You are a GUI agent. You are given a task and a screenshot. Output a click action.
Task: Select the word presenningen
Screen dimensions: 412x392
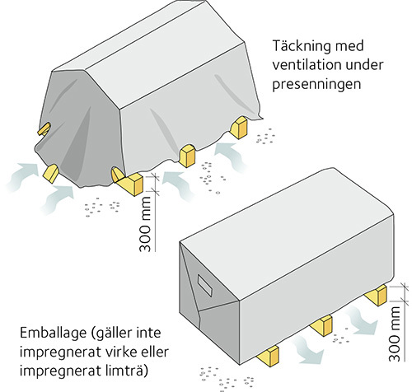[x=316, y=84]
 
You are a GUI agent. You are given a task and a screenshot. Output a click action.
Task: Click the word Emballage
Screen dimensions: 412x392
[x=53, y=334]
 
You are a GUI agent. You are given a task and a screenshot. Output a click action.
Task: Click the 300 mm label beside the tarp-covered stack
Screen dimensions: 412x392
[x=145, y=224]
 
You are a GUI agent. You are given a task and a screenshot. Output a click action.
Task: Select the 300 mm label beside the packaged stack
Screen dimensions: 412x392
[x=395, y=334]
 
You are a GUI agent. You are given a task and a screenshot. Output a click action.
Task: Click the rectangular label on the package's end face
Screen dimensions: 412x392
[x=205, y=286]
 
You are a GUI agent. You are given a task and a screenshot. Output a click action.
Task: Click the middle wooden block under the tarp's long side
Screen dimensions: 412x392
[x=187, y=156]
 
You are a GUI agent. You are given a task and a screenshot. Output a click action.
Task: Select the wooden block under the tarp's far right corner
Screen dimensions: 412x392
[x=238, y=127]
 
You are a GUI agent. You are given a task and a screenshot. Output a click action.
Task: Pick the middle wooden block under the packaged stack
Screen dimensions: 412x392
[x=321, y=325]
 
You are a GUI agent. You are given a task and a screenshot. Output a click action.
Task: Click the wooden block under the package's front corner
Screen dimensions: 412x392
[x=269, y=356]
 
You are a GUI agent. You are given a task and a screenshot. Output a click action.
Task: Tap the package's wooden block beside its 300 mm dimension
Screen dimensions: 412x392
[x=377, y=296]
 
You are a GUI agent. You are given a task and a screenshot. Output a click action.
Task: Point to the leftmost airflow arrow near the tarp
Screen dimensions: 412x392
[x=22, y=175]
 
